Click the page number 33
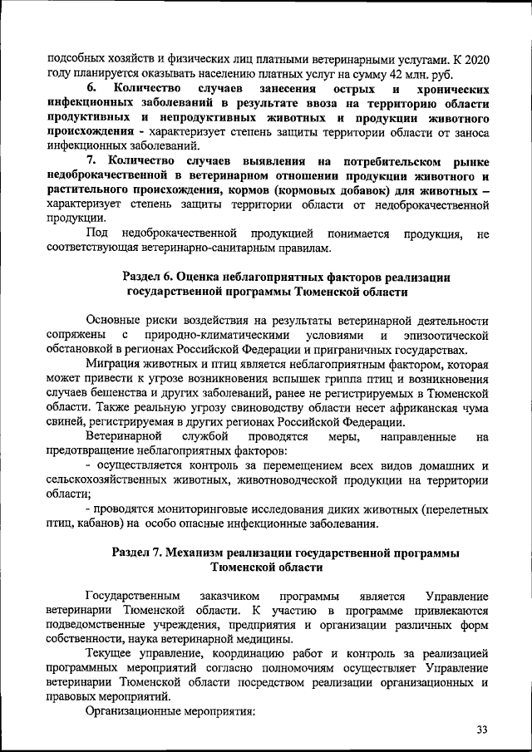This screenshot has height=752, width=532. [481, 730]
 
